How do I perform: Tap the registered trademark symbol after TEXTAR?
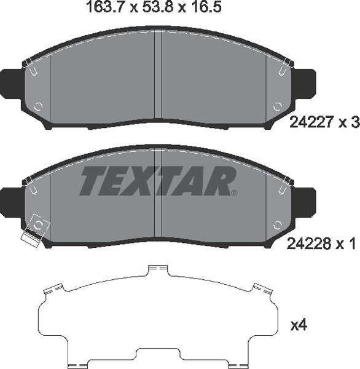pyautogui.click(x=234, y=193)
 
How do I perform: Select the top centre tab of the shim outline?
pyautogui.click(x=158, y=269)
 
